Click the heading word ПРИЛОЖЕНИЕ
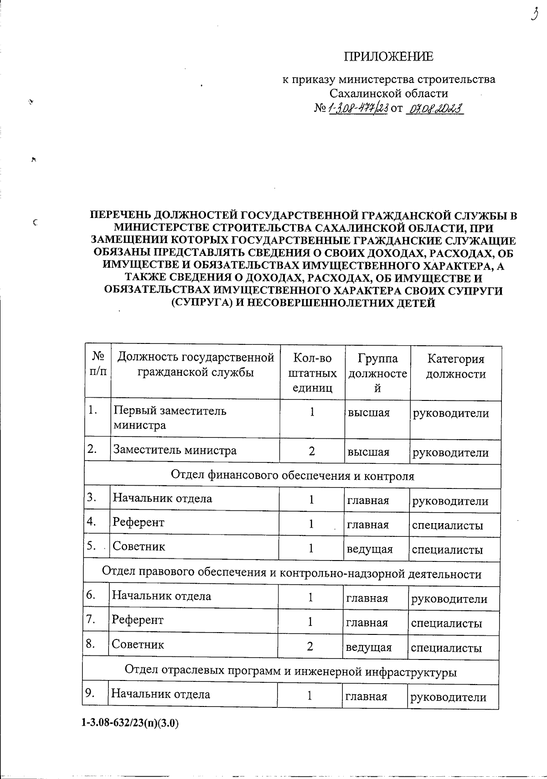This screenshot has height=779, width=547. [388, 57]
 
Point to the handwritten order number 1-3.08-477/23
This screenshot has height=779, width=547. [357, 109]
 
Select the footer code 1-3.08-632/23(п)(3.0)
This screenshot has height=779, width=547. [130, 723]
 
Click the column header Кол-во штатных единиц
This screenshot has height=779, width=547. [312, 373]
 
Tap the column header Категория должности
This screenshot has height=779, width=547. [455, 366]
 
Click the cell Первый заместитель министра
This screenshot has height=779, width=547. [170, 418]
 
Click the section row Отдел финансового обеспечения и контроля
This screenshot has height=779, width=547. [292, 476]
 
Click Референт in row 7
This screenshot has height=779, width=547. [138, 620]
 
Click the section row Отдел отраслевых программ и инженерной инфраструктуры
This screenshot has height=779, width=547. [290, 671]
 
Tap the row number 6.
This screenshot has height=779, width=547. [91, 595]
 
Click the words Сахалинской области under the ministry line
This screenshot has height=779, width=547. [388, 93]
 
